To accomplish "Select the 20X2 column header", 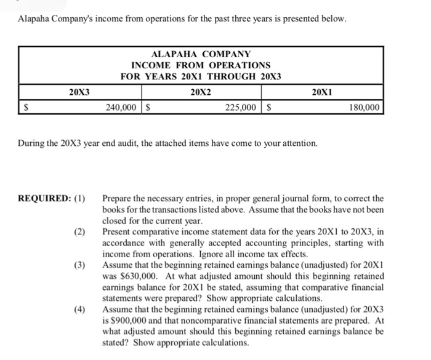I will pyautogui.click(x=201, y=92).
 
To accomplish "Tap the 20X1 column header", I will pyautogui.click(x=323, y=92).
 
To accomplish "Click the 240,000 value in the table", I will pyautogui.click(x=121, y=107).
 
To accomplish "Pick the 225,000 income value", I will pyautogui.click(x=241, y=107).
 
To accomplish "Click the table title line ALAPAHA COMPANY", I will pyautogui.click(x=201, y=54).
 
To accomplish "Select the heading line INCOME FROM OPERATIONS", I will pyautogui.click(x=201, y=65).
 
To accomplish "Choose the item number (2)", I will pyautogui.click(x=81, y=232).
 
